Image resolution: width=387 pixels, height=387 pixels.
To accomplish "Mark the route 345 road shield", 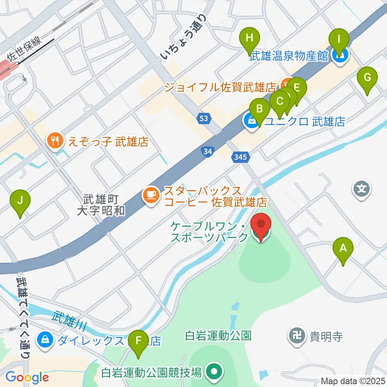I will coord(241,156).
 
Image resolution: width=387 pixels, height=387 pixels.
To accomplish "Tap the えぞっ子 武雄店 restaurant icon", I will coord(54,141).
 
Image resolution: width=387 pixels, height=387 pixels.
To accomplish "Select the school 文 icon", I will coord(362,188).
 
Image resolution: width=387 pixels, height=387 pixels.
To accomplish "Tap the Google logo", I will coord(27,378).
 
